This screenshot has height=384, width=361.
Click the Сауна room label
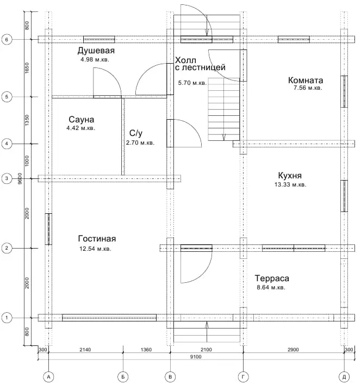pyautogui.click(x=81, y=120)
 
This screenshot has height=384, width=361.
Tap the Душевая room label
pyautogui.click(x=96, y=51)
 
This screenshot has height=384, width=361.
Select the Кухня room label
pyautogui.click(x=290, y=176)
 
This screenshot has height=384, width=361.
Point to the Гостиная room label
pyautogui.click(x=97, y=239)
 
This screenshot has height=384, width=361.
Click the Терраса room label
pyautogui.click(x=272, y=278)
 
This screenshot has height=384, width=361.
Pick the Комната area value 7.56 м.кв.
pyautogui.click(x=308, y=88)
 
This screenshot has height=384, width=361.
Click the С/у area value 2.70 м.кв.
pyautogui.click(x=140, y=143)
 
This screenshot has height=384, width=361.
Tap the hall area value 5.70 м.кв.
pyautogui.click(x=192, y=83)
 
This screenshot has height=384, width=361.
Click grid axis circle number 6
pyautogui.click(x=7, y=39)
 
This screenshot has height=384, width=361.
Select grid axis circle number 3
pyautogui.click(x=7, y=178)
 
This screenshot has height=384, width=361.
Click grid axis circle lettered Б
pyautogui.click(x=123, y=376)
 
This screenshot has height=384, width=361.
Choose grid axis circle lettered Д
pyautogui.click(x=344, y=376)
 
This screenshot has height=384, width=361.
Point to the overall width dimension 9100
pyautogui.click(x=196, y=357)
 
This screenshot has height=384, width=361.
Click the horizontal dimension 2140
pyautogui.click(x=85, y=350)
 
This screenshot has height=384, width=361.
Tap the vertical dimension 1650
pyautogui.click(x=27, y=68)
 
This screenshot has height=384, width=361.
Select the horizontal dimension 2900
pyautogui.click(x=293, y=350)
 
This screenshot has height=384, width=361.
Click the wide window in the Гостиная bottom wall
pyautogui.click(x=109, y=318)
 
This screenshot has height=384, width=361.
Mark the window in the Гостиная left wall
pyautogui.click(x=48, y=229)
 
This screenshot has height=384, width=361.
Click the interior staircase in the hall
pyautogui.click(x=223, y=109)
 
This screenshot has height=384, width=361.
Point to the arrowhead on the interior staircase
pyautogui.click(x=223, y=138)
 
